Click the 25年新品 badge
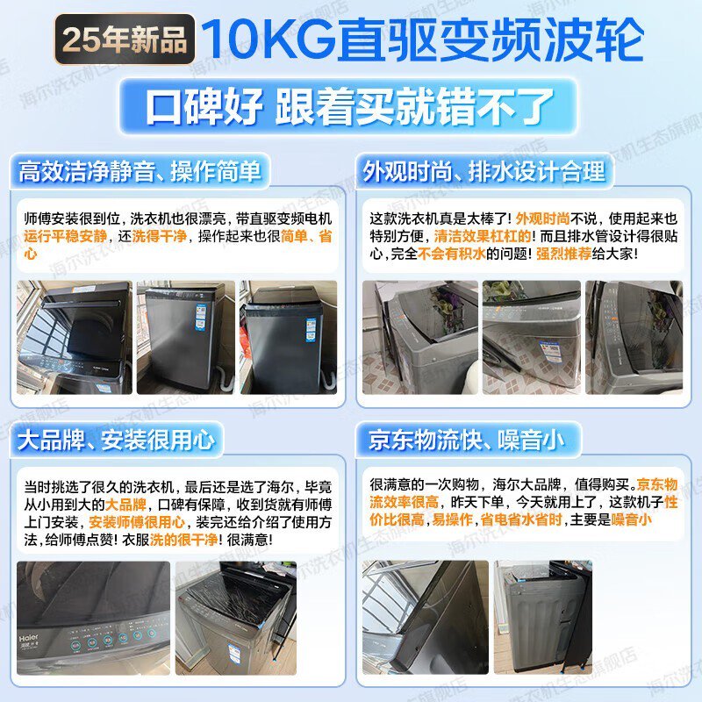click(125, 39)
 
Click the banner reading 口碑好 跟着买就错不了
click(348, 106)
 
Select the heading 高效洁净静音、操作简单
click(140, 171)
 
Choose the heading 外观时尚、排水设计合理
click(484, 171)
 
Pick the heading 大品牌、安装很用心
click(116, 440)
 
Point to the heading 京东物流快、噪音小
click(466, 440)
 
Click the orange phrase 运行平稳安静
click(66, 236)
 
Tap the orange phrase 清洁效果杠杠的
click(483, 236)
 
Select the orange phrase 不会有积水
click(451, 254)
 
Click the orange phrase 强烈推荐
click(563, 254)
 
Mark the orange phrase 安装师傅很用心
click(137, 522)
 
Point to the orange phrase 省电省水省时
click(520, 519)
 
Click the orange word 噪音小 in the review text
click(631, 519)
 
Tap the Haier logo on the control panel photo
click(29, 637)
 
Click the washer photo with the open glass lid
click(75, 337)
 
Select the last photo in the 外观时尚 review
click(634, 337)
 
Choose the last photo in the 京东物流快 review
click(542, 618)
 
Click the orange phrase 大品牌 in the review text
click(125, 505)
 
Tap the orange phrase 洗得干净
click(159, 236)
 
